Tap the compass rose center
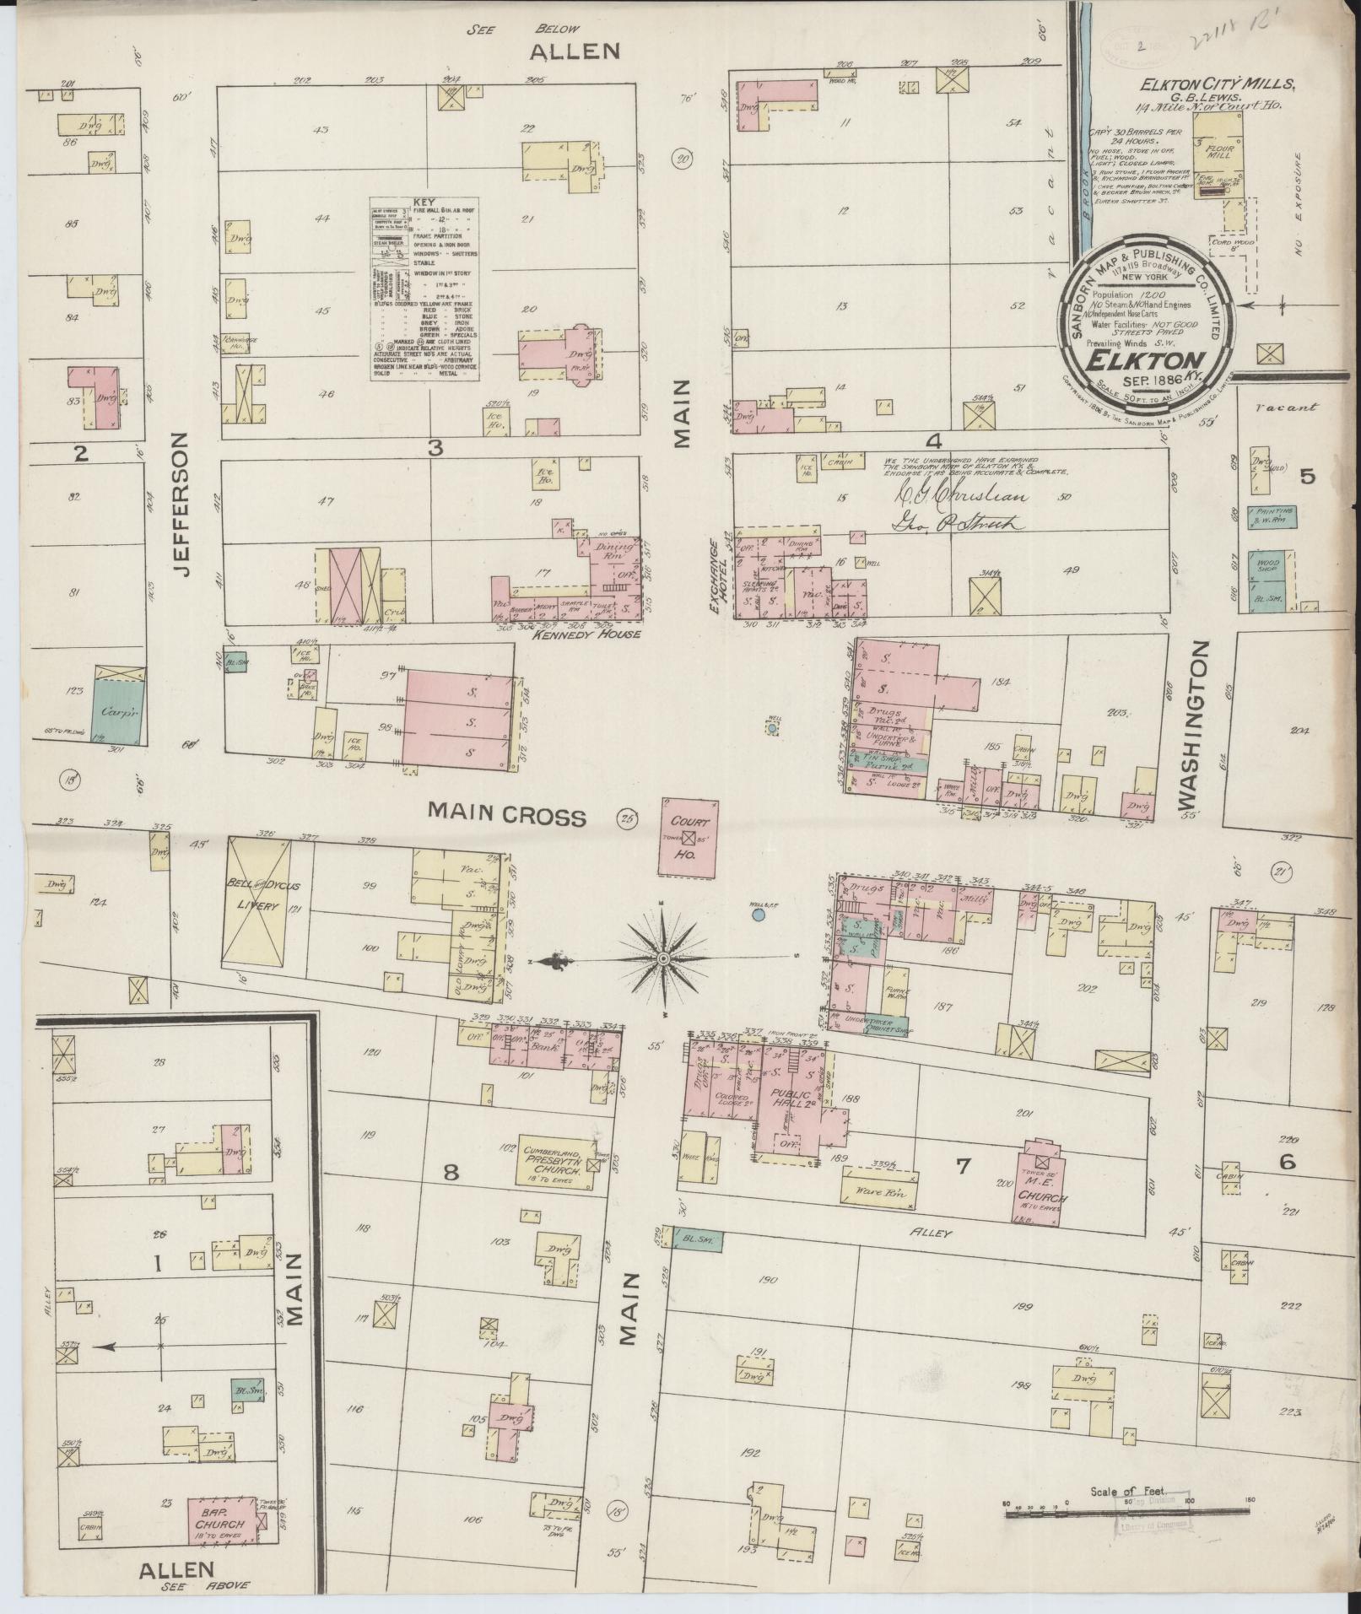point(664,959)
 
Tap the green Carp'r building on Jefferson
point(118,711)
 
